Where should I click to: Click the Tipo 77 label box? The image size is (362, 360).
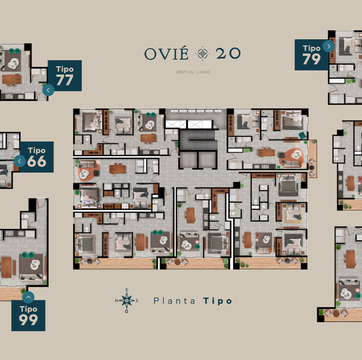tap(65, 76)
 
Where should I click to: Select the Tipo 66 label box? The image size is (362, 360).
tap(37, 157)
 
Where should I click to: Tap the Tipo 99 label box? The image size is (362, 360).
tap(28, 315)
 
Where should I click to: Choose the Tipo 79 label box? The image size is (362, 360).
tap(311, 55)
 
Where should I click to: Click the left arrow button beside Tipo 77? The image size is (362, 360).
tap(48, 90)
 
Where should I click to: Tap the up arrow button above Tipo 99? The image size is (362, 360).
tap(28, 297)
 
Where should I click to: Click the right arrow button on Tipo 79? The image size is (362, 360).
tap(329, 46)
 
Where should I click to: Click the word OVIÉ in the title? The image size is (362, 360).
tap(166, 53)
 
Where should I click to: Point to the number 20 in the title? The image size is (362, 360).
tap(228, 53)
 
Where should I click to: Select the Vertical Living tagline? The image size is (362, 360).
tap(193, 72)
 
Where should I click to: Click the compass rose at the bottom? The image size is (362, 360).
tap(127, 301)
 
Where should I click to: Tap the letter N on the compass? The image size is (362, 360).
tap(116, 301)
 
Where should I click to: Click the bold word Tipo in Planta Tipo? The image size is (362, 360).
tap(218, 301)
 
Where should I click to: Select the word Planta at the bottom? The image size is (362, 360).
tap(175, 301)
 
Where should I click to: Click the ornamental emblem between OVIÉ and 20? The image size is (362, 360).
tap(202, 53)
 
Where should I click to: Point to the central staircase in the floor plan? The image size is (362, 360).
tap(198, 140)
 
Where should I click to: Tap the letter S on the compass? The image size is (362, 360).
tap(137, 301)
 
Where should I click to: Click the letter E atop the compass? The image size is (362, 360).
tap(127, 290)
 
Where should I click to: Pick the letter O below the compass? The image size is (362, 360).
tap(127, 311)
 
